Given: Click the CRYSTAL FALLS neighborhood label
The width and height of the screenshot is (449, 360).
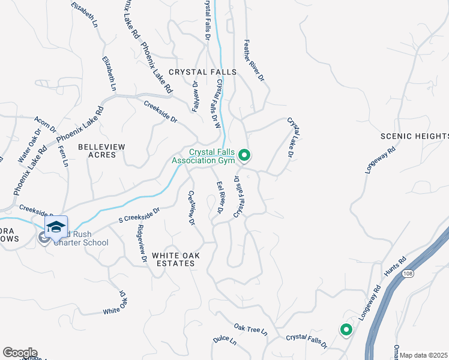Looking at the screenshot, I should pyautogui.click(x=202, y=72).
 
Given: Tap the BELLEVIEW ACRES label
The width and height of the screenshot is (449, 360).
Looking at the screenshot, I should pyautogui.click(x=102, y=151).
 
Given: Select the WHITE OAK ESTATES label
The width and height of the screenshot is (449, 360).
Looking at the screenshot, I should pyautogui.click(x=173, y=259).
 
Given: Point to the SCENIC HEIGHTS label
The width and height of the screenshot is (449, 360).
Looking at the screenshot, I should pyautogui.click(x=414, y=136).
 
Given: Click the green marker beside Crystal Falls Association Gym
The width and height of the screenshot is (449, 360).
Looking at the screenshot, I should pyautogui.click(x=244, y=156).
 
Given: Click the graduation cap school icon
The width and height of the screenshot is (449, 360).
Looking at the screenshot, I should pyautogui.click(x=56, y=227).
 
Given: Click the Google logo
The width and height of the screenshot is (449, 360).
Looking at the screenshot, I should pyautogui.click(x=20, y=352).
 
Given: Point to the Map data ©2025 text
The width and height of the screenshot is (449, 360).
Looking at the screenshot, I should pyautogui.click(x=424, y=355).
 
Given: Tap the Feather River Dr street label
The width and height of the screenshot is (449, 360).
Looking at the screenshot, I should pyautogui.click(x=254, y=61).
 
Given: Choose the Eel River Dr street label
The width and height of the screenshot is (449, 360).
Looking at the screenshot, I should pyautogui.click(x=220, y=199).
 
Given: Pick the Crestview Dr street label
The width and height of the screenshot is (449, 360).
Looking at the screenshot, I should pyautogui.click(x=191, y=208).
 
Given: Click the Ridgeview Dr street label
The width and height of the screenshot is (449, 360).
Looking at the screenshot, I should pyautogui.click(x=142, y=244).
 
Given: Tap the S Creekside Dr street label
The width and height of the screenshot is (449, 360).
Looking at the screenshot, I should pyautogui.click(x=139, y=214).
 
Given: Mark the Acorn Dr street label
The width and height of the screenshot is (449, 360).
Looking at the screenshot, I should pyautogui.click(x=45, y=125).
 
